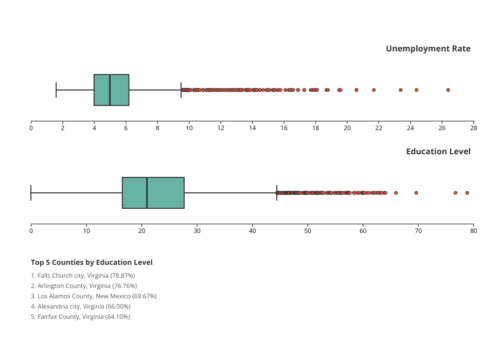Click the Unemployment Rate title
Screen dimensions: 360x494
pos(428,49)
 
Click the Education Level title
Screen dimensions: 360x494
pos(438,152)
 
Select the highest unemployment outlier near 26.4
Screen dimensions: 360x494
pos(448,90)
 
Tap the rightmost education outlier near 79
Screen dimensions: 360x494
pos(467,193)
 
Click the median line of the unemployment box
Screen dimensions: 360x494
pos(110,90)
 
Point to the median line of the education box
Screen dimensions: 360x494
pos(147,193)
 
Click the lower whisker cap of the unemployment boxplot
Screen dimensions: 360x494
pos(56,90)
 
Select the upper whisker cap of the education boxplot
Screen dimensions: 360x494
pos(277,193)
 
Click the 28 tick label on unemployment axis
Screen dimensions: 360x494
pos(473,128)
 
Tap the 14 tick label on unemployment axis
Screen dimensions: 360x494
pos(252,128)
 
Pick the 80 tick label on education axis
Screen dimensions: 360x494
pos(473,231)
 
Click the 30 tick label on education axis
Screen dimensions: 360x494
pos(197,231)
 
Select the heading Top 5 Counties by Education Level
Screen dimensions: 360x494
pos(92,262)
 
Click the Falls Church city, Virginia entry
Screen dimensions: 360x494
pos(82,276)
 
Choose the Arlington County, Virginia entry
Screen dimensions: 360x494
pos(84,286)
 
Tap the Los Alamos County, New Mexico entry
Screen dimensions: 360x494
pos(94,296)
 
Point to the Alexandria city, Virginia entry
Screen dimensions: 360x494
pos(80,307)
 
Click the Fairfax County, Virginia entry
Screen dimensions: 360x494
pos(80,317)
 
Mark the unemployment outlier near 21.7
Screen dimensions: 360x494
pos(374,90)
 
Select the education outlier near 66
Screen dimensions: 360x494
pos(396,193)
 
